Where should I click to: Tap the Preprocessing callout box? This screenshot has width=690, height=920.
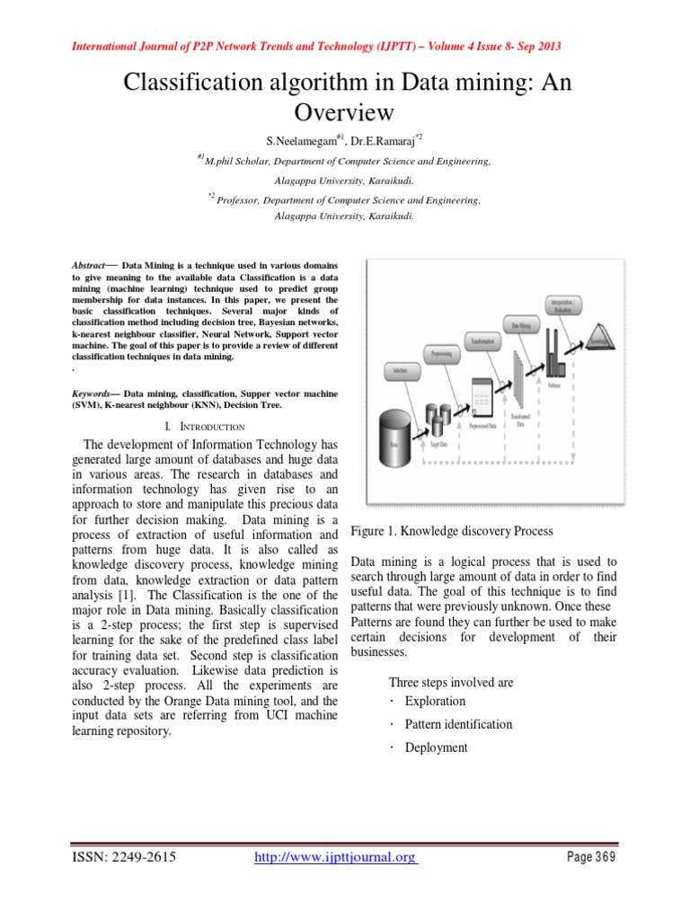pos(442,354)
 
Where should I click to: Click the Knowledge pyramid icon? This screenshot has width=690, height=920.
pos(598,342)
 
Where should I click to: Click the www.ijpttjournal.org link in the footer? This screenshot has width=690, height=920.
pos(335,857)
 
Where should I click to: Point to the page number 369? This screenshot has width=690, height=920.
pos(592,857)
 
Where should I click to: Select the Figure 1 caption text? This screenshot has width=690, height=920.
pos(452,531)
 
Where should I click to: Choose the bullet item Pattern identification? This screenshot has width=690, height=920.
pos(458,724)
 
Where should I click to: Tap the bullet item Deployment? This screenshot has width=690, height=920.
pos(436,747)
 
